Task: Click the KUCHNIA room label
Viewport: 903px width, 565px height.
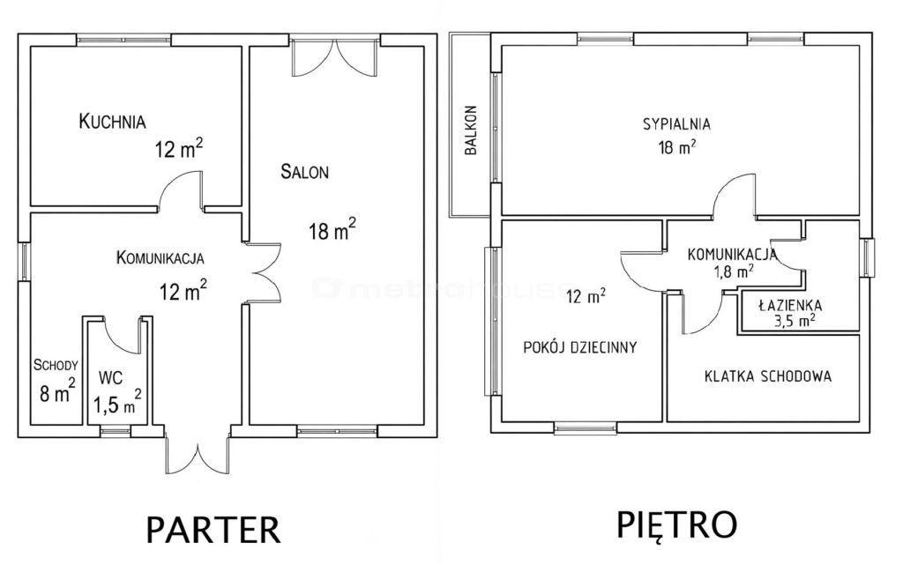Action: [112, 122]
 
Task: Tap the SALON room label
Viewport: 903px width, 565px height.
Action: [304, 172]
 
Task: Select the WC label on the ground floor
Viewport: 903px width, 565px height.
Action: [110, 379]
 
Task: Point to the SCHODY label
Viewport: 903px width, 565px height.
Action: [56, 365]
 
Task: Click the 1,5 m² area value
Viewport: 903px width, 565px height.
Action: [117, 402]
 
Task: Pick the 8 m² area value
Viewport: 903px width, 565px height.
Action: [57, 391]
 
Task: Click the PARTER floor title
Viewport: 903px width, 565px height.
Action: [213, 530]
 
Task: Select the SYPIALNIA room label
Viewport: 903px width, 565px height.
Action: [676, 123]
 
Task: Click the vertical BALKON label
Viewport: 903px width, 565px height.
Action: [471, 130]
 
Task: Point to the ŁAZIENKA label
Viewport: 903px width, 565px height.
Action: [790, 306]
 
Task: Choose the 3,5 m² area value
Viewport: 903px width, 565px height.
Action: [795, 320]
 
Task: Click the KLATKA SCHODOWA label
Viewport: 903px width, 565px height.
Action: [768, 376]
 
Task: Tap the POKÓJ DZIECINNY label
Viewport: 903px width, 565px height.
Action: [580, 347]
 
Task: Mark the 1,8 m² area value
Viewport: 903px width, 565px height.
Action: [735, 271]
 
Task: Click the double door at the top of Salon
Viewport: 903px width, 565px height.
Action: [334, 57]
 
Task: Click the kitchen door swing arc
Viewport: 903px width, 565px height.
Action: [180, 190]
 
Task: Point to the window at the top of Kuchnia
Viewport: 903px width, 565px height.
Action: [123, 40]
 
